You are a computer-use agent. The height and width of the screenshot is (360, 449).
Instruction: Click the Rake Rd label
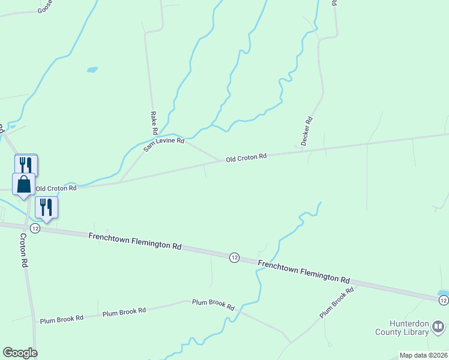[154, 122]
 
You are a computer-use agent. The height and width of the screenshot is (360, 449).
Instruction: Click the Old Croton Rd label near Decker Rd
[246, 158]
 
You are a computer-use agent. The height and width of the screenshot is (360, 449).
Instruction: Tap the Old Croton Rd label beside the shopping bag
[56, 188]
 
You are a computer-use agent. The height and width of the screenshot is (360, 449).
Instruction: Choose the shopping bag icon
[23, 184]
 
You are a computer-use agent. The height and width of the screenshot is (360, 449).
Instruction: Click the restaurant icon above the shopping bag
[26, 164]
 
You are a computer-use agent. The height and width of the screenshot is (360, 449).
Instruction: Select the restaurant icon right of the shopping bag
[46, 207]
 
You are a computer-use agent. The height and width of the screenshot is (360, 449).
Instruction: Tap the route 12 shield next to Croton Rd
[35, 229]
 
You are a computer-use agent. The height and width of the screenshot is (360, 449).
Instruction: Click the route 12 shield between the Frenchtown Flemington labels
[234, 257]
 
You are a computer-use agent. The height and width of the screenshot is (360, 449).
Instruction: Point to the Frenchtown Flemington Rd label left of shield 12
[134, 241]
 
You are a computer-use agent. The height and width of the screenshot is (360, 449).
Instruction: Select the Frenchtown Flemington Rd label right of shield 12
[304, 271]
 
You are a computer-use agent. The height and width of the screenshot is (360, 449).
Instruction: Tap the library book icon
[438, 327]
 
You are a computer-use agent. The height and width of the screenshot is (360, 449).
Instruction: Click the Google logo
[20, 353]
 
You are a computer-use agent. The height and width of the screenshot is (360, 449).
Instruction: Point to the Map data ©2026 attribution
[423, 355]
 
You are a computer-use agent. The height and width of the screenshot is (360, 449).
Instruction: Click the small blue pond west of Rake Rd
[92, 70]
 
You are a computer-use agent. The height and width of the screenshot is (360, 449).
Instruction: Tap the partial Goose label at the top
[45, 7]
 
